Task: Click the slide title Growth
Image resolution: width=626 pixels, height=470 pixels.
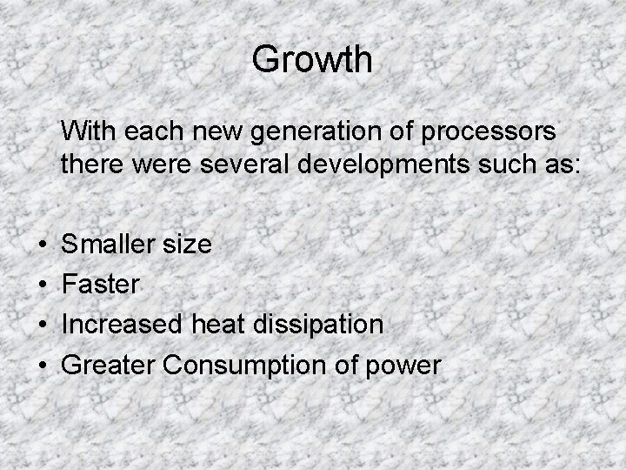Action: pyautogui.click(x=312, y=60)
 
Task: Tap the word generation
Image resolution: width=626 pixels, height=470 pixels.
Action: pyautogui.click(x=303, y=132)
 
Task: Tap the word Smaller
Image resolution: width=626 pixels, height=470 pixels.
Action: pyautogui.click(x=109, y=245)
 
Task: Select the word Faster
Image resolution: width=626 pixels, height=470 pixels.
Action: pyautogui.click(x=100, y=285)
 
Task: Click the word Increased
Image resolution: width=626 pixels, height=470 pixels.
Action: pyautogui.click(x=120, y=325)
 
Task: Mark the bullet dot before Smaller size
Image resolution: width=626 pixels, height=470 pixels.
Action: pyautogui.click(x=42, y=245)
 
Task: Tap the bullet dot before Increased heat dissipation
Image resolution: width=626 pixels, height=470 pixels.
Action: pyautogui.click(x=42, y=326)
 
